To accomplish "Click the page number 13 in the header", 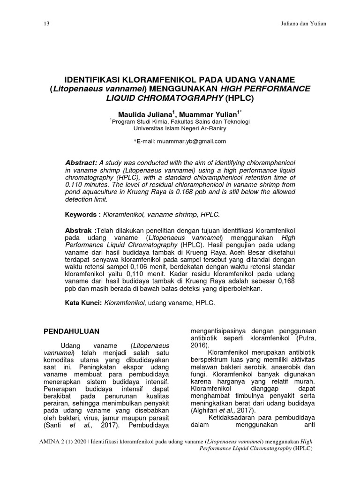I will [45, 23].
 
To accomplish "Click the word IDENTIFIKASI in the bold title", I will [96, 80].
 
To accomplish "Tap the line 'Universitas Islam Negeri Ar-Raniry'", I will [180, 128].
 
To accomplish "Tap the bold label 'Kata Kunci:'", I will [83, 304].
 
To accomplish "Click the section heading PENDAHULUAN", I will [71, 331].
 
